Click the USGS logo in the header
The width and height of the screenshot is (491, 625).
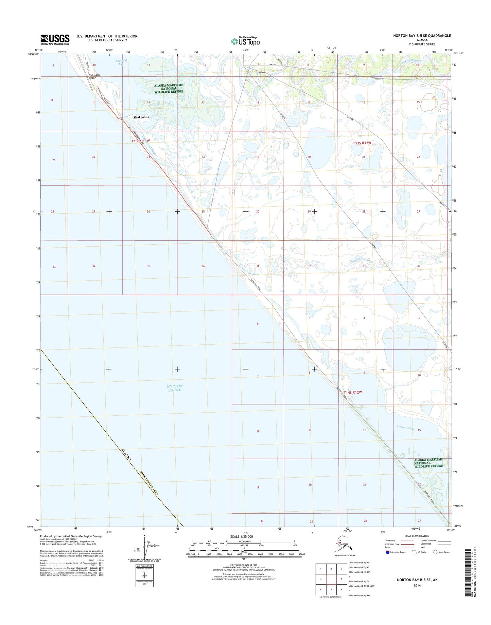coord(55,39)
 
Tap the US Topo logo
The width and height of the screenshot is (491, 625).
coord(245,41)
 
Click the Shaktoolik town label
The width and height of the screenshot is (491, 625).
coord(141,117)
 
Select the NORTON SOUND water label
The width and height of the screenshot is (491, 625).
coord(175,388)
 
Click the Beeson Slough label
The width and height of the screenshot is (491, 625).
coord(406,428)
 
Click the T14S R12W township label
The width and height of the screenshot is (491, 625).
coord(352,392)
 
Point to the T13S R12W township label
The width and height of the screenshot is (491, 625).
coord(362,143)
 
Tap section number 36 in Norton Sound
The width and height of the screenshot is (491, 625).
coord(203,266)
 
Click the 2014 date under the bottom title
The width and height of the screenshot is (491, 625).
coord(417,585)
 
